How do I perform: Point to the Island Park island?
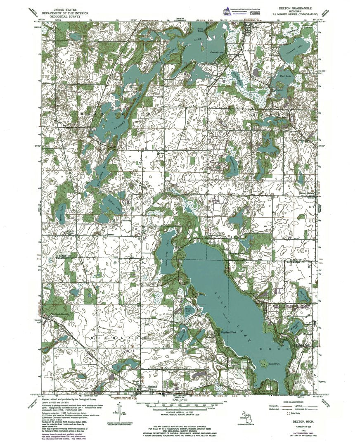[x=263, y=364]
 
